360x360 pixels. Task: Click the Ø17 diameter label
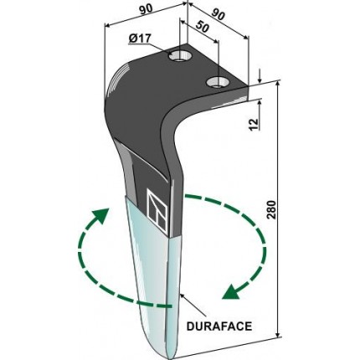[140, 39]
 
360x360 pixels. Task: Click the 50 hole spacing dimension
[203, 27]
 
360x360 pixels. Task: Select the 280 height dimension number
[271, 209]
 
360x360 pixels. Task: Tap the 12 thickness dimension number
[254, 125]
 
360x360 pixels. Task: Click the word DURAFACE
[219, 327]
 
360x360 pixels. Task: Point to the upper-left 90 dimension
[146, 9]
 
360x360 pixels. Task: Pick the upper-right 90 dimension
[219, 14]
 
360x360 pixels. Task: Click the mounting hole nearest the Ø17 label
[179, 56]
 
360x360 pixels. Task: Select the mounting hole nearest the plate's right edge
[218, 82]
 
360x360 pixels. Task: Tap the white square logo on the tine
[157, 211]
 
